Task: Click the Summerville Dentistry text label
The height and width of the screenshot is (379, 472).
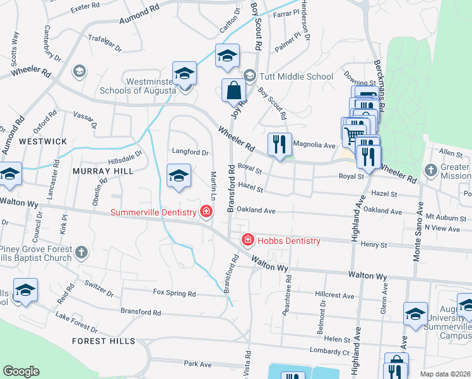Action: coord(153,212)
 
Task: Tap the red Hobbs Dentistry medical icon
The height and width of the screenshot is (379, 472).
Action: coord(248,240)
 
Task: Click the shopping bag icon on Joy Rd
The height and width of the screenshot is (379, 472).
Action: coord(233,91)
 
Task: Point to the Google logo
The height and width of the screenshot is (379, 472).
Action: coord(21,371)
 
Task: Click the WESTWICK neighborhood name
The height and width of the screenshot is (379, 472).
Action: coord(42,141)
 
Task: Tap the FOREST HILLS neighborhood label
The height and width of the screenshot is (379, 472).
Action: coord(103,341)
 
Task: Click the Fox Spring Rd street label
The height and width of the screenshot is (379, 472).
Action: coord(175,293)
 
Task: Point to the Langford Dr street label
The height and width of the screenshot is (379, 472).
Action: coord(190,152)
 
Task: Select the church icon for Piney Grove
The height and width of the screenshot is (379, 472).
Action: coord(80,253)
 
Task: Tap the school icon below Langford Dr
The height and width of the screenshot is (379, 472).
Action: coord(179,176)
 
